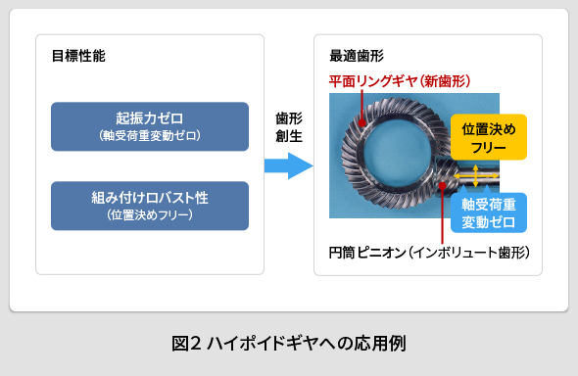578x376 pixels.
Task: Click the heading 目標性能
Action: click(78, 56)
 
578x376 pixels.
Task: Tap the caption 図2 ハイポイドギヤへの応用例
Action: click(288, 343)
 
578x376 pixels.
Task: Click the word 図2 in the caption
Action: click(185, 343)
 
